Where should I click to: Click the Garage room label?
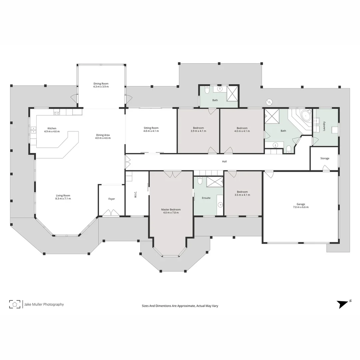pyautogui.click(x=301, y=204)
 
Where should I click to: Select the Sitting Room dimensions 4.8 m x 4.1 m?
pyautogui.click(x=151, y=131)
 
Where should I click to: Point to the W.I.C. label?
pyautogui.click(x=136, y=194)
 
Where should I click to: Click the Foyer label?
pyautogui.click(x=112, y=199)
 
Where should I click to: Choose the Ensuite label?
pyautogui.click(x=206, y=198)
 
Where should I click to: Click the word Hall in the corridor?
pyautogui.click(x=225, y=162)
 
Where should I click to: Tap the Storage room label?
pyautogui.click(x=325, y=158)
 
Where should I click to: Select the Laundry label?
pyautogui.click(x=324, y=126)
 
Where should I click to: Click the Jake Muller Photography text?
pyautogui.click(x=44, y=304)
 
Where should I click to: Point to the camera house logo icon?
pyautogui.click(x=14, y=304)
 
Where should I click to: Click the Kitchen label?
pyautogui.click(x=52, y=128)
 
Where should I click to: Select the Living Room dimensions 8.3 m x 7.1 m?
pyautogui.click(x=63, y=199)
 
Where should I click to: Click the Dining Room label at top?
pyautogui.click(x=101, y=84)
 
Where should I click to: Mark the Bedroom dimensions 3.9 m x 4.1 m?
pyautogui.click(x=198, y=131)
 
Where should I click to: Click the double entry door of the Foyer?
pyautogui.click(x=111, y=213)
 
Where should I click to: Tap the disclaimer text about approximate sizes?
pyautogui.click(x=180, y=306)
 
